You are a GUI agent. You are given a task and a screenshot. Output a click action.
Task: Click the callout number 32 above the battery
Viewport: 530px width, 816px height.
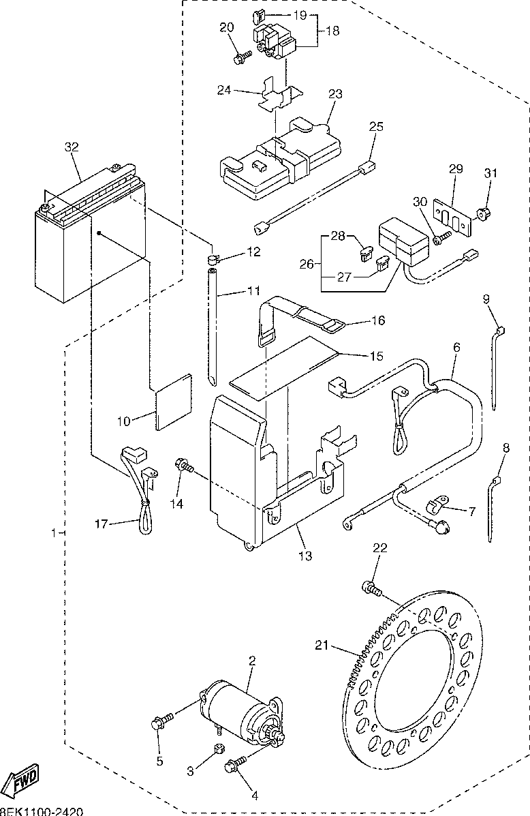click(72, 147)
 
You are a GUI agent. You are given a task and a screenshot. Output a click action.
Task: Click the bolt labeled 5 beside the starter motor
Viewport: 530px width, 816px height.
click(158, 721)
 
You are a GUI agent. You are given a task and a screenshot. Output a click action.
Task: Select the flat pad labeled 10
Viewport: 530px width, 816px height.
click(172, 402)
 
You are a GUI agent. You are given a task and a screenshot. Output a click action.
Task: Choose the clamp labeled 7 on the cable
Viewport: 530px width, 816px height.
click(432, 505)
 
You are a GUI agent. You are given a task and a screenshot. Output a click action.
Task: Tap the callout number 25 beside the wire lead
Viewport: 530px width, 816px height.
click(377, 126)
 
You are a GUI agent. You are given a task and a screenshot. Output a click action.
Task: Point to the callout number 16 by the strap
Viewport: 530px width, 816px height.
click(377, 320)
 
